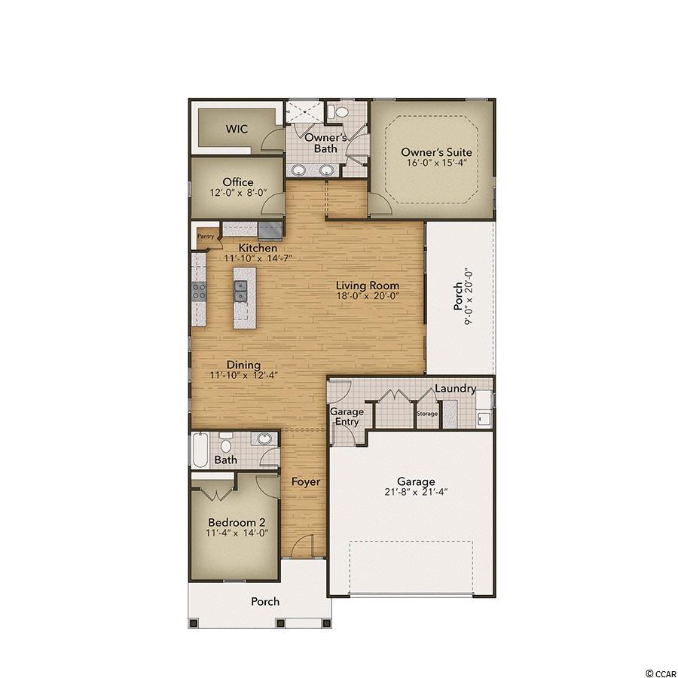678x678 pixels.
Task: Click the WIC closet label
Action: pos(237,128)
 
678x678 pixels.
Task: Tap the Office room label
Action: pos(238,182)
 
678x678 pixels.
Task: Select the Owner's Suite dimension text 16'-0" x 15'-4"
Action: pos(437,163)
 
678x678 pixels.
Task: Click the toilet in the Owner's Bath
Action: pos(338,112)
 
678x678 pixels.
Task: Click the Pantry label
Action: pos(206,237)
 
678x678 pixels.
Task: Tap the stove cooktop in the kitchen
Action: pos(199,291)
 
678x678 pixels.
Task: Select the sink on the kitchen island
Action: pos(240,291)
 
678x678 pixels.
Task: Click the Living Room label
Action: pos(368,286)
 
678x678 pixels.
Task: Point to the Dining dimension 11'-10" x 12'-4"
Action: pos(243,375)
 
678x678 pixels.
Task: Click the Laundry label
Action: pos(455,389)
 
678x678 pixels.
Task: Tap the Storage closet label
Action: pos(427,414)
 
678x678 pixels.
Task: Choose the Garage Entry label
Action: pos(347,417)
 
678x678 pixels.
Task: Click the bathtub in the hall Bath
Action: pos(200,450)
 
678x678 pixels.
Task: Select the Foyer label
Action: pos(306,481)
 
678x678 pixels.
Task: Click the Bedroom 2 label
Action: pos(237,522)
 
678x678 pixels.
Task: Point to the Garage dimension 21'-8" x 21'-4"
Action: pos(416,492)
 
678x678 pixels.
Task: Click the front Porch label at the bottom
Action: pos(265,601)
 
